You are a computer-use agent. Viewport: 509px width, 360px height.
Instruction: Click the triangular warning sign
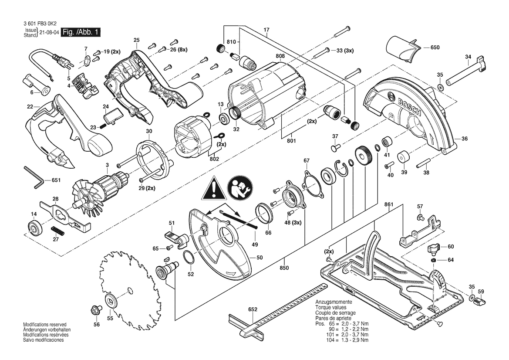214,188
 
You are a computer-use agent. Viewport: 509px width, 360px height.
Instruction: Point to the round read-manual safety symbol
239,188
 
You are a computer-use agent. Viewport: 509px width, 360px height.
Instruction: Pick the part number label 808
280,56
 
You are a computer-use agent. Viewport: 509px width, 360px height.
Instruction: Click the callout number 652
253,309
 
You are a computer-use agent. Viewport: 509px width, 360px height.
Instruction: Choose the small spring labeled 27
58,230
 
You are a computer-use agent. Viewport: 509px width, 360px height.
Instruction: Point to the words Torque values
331,307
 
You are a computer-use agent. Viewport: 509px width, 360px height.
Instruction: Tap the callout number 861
388,205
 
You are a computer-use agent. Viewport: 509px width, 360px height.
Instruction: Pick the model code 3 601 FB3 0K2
40,24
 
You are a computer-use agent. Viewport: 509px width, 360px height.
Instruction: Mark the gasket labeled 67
313,186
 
